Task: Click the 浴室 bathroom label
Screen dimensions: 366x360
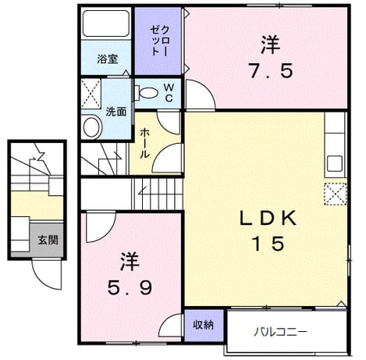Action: (108, 59)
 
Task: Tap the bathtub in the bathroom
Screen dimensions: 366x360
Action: (106, 23)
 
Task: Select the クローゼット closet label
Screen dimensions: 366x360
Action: (159, 41)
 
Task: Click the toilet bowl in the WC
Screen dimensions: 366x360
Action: (147, 93)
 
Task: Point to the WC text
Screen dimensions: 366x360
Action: (169, 92)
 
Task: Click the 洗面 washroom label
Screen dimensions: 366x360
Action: (115, 112)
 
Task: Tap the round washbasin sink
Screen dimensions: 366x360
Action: (92, 127)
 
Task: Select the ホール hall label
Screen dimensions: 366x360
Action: (144, 144)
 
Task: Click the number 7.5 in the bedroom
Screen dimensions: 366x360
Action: (272, 70)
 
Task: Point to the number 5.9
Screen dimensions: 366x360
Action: (130, 288)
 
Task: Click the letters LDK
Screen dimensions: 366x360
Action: (268, 218)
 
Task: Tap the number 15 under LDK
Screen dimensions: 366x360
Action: (269, 244)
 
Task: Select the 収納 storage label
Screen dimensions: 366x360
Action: (203, 325)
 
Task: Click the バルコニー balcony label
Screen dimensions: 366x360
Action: (280, 332)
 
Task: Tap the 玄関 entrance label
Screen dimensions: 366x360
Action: (48, 240)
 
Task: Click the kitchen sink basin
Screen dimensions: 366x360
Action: (335, 163)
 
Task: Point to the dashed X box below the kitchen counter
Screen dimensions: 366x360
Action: (336, 194)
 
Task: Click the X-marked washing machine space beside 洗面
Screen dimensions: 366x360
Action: (91, 94)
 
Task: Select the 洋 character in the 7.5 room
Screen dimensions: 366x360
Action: (271, 45)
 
